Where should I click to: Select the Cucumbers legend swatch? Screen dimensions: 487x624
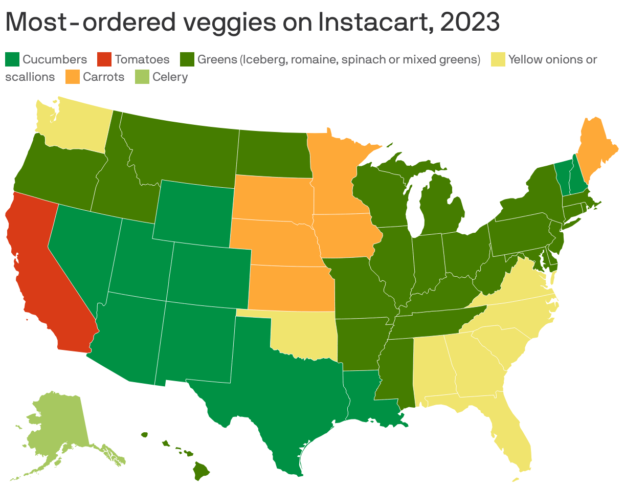tap(12, 59)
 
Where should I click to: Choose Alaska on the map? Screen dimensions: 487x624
tap(56, 425)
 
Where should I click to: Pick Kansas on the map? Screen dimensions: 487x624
tap(292, 289)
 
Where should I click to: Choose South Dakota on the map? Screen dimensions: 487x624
tap(271, 197)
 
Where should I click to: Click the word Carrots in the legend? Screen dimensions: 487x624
tap(104, 77)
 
